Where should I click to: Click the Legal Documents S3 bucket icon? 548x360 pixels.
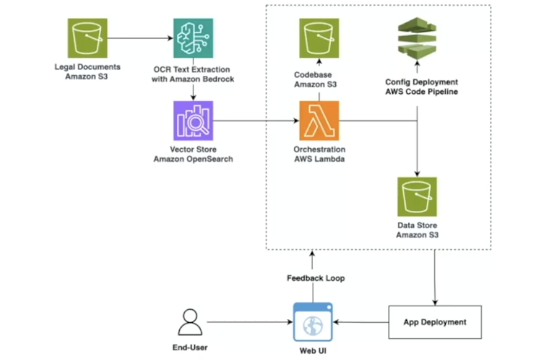(x=87, y=38)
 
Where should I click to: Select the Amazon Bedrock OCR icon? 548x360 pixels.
(x=193, y=38)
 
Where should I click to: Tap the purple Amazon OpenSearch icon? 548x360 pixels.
(x=193, y=121)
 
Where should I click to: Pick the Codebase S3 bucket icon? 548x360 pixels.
(x=319, y=38)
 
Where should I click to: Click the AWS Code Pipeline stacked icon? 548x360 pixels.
(x=417, y=38)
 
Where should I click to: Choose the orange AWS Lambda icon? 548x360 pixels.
(x=319, y=121)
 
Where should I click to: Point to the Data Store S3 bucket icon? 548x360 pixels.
(x=417, y=197)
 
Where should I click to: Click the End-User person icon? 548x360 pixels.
(x=190, y=322)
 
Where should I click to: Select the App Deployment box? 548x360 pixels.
(x=435, y=322)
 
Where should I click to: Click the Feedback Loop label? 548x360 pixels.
(x=316, y=278)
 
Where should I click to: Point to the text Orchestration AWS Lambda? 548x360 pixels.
(x=319, y=154)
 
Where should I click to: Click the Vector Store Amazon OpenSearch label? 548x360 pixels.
(x=193, y=154)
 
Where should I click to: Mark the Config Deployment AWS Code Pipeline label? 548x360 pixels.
(x=421, y=87)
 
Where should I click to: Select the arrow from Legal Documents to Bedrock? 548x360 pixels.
(x=140, y=38)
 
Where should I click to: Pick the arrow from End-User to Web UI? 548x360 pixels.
(x=249, y=322)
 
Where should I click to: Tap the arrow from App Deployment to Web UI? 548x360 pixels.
(x=361, y=322)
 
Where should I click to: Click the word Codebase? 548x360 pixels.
(x=313, y=75)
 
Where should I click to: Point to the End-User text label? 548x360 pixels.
(x=190, y=348)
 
